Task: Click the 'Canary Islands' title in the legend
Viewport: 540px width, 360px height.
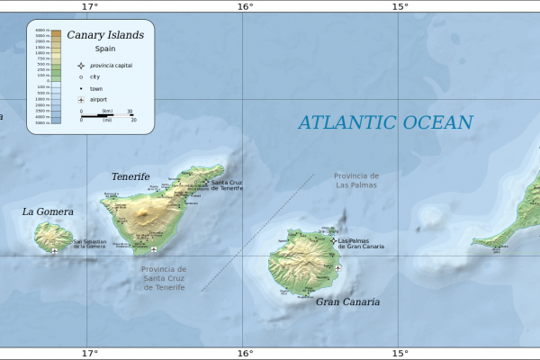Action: point(104,35)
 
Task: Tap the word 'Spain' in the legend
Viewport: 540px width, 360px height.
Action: point(105,49)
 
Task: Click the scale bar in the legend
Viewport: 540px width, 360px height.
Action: point(106,115)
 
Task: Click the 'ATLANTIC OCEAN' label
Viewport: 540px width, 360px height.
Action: point(385,123)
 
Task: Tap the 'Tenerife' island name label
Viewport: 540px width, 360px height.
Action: point(130,177)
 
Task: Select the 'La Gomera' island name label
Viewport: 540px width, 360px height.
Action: point(48,212)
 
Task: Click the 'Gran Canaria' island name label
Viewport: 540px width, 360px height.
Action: point(346,302)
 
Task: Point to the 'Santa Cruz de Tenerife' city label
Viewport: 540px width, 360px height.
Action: point(227,184)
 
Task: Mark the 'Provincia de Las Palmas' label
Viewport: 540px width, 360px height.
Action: point(356,180)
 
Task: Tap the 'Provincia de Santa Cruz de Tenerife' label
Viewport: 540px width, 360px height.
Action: point(163,277)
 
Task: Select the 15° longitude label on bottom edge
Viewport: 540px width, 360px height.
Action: point(400,354)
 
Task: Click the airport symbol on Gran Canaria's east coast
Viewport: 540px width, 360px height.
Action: point(338,267)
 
